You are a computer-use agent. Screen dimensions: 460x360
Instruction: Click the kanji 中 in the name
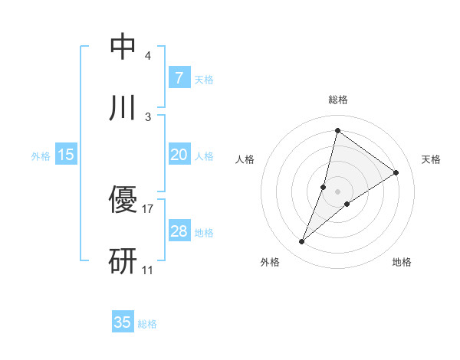tap(123, 47)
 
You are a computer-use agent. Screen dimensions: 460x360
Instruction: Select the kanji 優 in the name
tap(123, 201)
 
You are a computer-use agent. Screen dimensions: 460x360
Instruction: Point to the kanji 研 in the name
tap(123, 260)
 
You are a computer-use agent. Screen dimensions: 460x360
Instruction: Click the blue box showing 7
tap(179, 78)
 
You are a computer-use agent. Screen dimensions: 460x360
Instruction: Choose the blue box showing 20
tap(179, 155)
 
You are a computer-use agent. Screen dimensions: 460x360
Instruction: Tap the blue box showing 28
tap(179, 231)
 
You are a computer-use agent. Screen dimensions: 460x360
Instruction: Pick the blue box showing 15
tap(66, 155)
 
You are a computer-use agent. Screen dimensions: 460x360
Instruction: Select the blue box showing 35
tap(123, 322)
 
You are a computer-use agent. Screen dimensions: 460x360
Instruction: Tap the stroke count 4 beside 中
tap(148, 56)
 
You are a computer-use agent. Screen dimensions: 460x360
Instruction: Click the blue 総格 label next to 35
tap(147, 324)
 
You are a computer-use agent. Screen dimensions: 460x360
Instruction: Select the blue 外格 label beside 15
tap(41, 156)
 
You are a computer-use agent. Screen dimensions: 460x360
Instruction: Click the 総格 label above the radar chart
tap(338, 100)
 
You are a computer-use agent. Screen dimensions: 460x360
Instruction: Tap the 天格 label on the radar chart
tap(431, 159)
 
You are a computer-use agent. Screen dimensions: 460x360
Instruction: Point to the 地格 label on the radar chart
tap(402, 262)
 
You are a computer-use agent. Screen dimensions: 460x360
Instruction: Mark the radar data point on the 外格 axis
tap(302, 242)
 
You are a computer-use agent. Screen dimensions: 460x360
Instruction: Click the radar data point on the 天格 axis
tap(396, 172)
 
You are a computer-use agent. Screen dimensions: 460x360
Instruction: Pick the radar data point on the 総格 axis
tap(337, 130)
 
